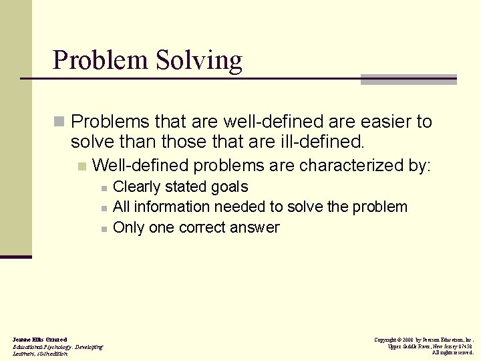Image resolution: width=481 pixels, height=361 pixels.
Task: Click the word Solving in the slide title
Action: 199,61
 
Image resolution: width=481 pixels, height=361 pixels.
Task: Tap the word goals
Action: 230,187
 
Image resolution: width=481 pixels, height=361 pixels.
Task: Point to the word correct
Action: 201,227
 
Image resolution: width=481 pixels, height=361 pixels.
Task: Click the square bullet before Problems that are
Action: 59,122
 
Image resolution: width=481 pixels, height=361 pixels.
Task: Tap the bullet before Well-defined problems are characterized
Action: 82,166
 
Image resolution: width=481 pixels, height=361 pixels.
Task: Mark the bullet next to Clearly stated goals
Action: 104,189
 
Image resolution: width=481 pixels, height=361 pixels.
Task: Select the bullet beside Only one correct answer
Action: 104,229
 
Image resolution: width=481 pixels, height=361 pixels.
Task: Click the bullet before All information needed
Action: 104,209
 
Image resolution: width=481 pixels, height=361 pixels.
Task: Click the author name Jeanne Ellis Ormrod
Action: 39,340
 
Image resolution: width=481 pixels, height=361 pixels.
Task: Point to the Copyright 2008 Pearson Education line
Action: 424,340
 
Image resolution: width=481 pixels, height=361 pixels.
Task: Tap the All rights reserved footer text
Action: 452,353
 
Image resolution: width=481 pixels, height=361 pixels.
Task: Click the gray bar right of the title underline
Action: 408,80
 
